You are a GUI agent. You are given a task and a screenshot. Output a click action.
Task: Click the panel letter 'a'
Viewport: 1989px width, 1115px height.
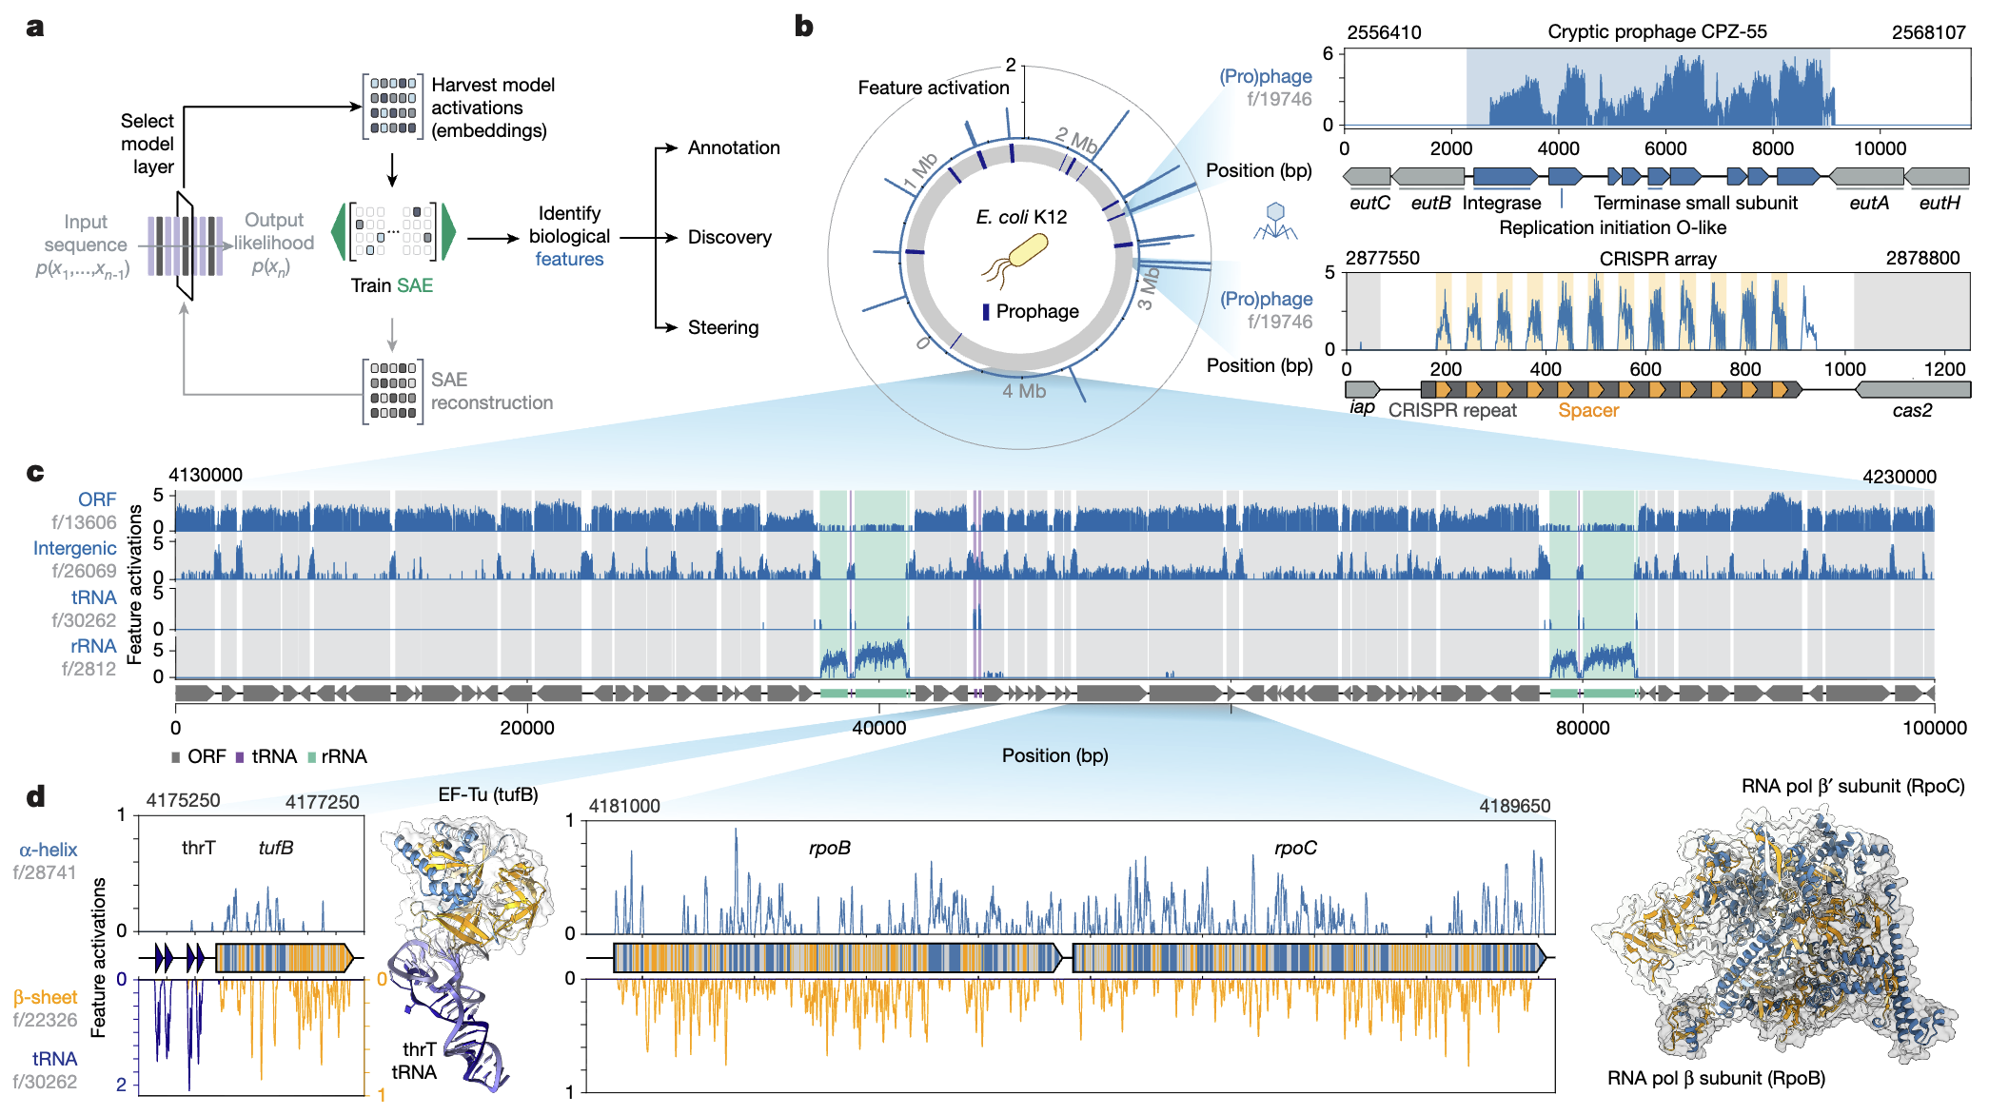(x=35, y=27)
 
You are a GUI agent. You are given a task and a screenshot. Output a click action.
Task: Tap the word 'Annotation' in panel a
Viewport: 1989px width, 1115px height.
(x=734, y=147)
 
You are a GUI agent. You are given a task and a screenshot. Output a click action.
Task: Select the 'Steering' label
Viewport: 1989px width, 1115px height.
(x=723, y=327)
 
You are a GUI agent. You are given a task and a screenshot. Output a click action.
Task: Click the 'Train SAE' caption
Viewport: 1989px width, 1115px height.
(x=391, y=285)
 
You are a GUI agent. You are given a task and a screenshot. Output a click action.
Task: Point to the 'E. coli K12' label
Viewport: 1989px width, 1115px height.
(x=1021, y=217)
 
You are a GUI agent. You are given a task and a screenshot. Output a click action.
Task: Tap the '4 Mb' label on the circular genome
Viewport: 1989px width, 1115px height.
(x=1024, y=391)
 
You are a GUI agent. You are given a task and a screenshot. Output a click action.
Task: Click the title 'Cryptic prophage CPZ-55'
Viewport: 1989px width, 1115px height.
(x=1657, y=31)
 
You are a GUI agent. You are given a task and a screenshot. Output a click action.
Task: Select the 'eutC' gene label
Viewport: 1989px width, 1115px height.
(x=1369, y=203)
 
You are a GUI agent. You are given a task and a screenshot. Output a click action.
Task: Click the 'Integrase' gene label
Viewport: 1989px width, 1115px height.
(x=1501, y=203)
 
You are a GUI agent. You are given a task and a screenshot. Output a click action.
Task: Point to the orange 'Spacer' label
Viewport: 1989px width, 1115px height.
(x=1588, y=410)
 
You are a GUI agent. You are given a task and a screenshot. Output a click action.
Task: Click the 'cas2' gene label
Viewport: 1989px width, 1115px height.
(x=1912, y=410)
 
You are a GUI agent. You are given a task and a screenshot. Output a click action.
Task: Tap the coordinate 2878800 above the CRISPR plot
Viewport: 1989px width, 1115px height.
(x=1922, y=258)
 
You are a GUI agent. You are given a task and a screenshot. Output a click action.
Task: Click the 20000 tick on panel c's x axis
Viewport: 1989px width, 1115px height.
(x=527, y=728)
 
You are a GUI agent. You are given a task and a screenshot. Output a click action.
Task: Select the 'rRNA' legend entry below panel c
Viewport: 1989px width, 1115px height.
(x=337, y=756)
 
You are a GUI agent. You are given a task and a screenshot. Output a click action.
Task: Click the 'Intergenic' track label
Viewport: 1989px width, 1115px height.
(x=75, y=548)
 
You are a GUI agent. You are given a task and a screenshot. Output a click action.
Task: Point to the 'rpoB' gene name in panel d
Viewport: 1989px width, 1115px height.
(x=829, y=848)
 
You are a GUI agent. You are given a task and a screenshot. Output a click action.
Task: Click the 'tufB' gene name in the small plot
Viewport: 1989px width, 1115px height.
(x=276, y=848)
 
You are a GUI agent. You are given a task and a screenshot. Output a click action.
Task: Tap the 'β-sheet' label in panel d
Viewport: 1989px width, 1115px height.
(x=45, y=997)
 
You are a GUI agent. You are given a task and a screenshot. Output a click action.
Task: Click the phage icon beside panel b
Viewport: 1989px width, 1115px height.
(x=1275, y=221)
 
